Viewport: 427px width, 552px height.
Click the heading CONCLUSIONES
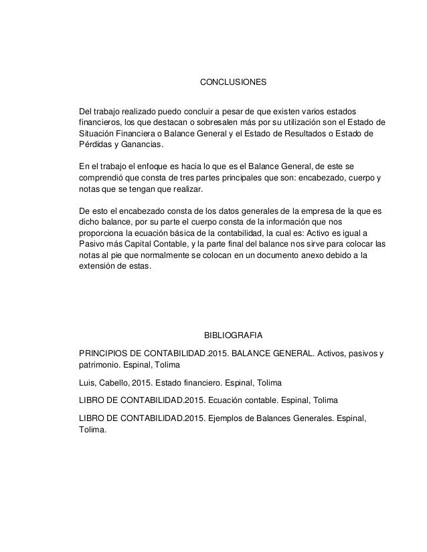click(234, 84)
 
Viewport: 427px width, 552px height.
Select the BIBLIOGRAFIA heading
click(234, 333)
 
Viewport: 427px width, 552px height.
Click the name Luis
click(87, 383)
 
